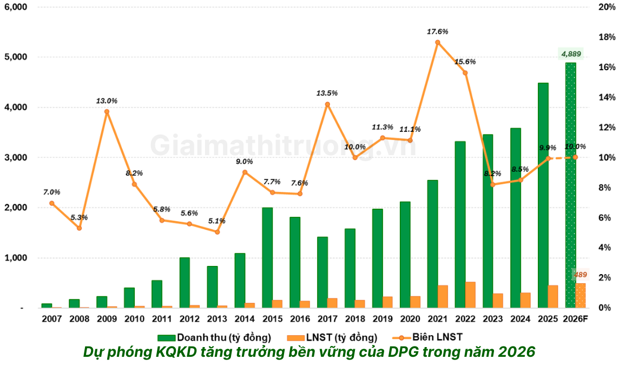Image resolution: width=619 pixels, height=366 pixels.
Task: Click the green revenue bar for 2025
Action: [x=543, y=195]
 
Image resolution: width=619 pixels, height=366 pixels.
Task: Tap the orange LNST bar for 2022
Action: [x=470, y=295]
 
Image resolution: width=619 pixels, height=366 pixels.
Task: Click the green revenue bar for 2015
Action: [x=267, y=257]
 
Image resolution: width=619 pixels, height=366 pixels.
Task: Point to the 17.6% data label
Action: [x=437, y=32]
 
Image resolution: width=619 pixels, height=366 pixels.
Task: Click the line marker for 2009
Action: [x=107, y=112]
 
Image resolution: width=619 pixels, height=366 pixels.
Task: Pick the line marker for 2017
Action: [x=327, y=104]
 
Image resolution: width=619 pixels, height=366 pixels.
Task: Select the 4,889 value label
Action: [x=571, y=54]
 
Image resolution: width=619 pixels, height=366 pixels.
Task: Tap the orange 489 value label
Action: [x=580, y=275]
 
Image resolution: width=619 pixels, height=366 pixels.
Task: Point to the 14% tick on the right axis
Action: [x=605, y=97]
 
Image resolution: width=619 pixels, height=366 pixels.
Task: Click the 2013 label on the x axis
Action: [x=217, y=319]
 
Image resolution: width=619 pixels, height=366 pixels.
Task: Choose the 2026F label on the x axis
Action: [x=575, y=319]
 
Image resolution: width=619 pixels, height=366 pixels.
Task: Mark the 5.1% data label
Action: [x=217, y=221]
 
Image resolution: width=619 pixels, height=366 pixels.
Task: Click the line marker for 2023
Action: [x=493, y=184]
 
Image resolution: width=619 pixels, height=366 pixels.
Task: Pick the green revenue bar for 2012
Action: [x=185, y=282]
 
